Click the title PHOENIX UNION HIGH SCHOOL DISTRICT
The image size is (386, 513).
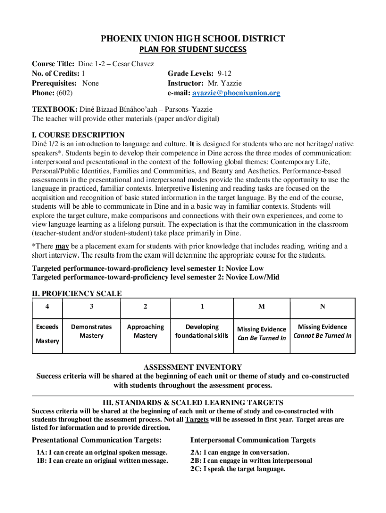[x=193, y=39]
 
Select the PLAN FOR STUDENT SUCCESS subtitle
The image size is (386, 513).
[x=193, y=49]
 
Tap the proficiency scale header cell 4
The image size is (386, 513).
[x=47, y=306]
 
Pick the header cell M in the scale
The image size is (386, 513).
[x=261, y=306]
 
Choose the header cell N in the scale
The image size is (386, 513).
[x=322, y=306]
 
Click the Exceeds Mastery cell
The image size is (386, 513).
[x=47, y=334]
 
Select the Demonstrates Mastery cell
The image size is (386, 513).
[x=91, y=331]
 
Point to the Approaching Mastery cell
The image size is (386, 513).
[x=145, y=331]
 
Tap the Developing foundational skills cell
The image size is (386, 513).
[x=202, y=331]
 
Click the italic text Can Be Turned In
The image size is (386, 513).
[x=261, y=338]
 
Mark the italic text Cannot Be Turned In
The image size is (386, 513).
[x=322, y=336]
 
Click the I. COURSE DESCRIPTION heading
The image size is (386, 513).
[x=78, y=135]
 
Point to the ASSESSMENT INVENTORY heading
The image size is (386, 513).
[x=193, y=367]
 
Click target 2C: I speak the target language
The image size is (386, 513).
[x=238, y=469]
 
